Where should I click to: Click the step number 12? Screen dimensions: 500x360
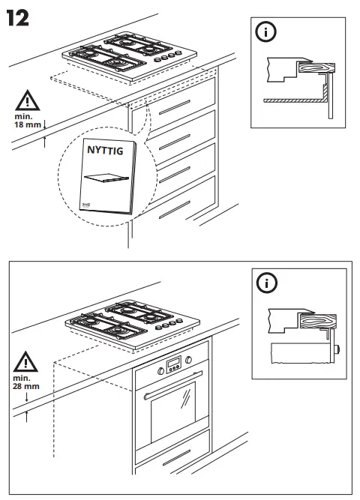coord(18,18)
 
